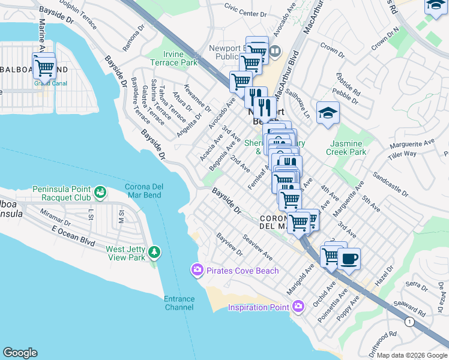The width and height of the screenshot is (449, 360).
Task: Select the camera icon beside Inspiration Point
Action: point(298,307)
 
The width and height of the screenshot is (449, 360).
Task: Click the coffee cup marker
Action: point(349,259)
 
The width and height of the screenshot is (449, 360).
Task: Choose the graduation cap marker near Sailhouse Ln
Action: point(328,113)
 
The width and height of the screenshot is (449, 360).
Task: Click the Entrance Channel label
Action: point(179,303)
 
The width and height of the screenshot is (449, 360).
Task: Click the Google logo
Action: point(20,353)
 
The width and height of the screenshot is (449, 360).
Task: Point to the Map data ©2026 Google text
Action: point(412,355)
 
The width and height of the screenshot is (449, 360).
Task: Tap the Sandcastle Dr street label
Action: point(390,185)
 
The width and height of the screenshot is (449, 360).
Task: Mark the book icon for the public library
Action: point(275,51)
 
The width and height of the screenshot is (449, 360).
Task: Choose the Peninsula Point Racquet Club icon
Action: point(100,193)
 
